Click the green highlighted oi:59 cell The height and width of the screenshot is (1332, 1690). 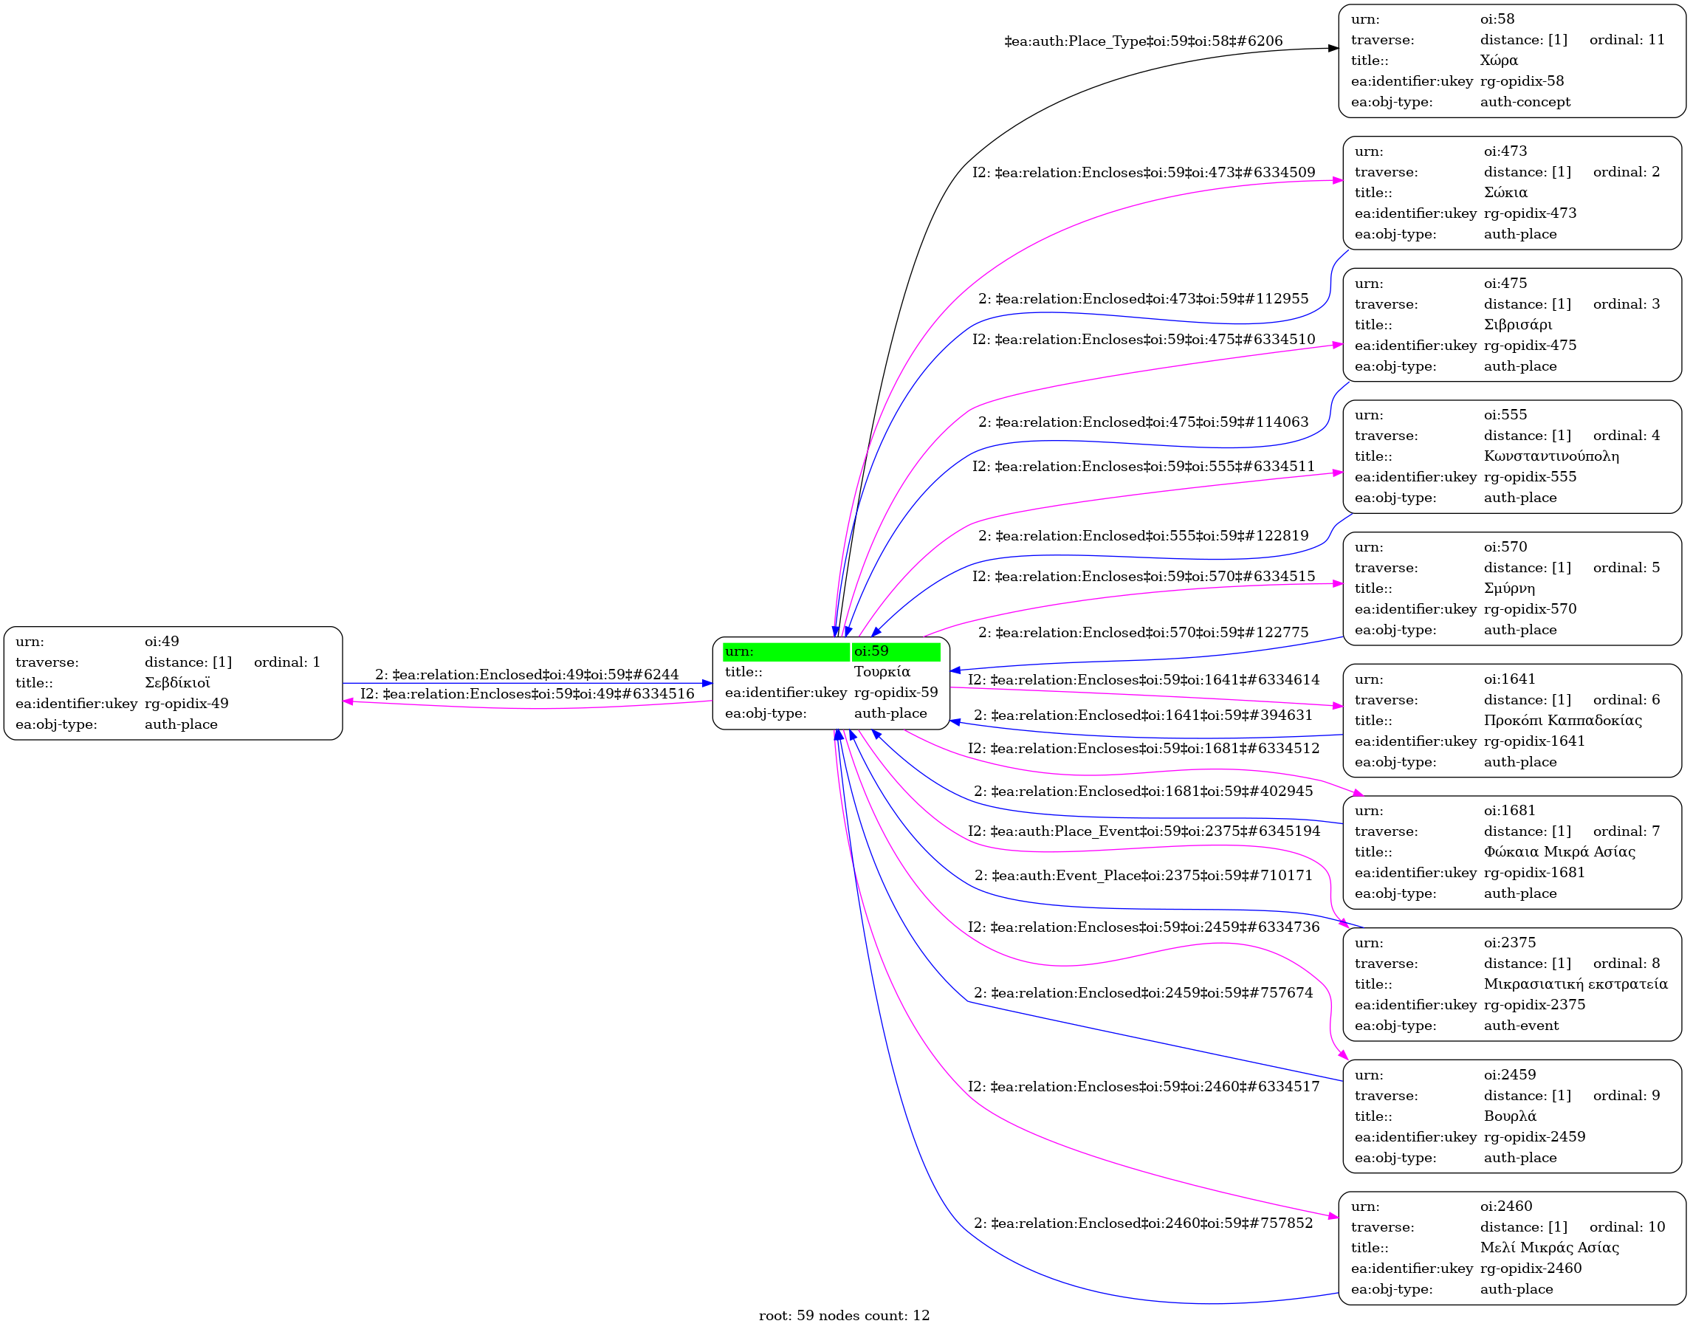896,651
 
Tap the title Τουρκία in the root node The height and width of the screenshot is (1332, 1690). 882,671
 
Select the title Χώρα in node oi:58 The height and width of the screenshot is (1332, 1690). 1498,60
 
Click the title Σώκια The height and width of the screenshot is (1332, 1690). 1505,193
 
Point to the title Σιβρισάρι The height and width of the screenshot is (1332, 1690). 1518,324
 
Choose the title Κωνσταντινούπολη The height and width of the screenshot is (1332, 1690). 1551,456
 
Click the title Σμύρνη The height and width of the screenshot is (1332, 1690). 1509,588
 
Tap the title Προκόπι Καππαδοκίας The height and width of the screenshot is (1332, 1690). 1562,720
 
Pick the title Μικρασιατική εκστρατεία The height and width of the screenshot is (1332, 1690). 1576,984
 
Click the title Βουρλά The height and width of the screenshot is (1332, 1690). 1510,1116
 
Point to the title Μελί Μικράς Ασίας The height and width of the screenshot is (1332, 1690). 1549,1248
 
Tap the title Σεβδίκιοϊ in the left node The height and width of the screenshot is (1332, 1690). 177,683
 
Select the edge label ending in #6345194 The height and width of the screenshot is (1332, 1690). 1144,831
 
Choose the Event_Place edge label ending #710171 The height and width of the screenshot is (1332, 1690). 1144,876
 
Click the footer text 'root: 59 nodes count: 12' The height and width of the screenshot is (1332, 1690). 844,1316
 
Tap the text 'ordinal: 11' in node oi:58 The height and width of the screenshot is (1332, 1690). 1627,40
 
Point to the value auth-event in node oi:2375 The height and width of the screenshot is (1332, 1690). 1521,1026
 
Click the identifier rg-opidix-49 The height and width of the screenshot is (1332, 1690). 186,704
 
